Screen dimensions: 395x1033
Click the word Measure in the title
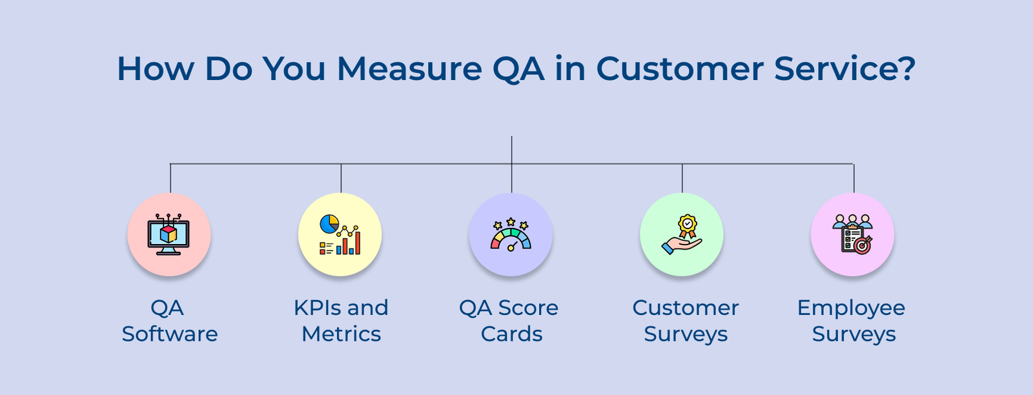point(409,68)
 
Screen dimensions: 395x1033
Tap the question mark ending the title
point(907,68)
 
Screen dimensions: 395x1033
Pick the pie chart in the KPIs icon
point(329,224)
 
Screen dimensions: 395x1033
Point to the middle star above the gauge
point(511,222)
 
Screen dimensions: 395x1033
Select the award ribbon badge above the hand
point(688,225)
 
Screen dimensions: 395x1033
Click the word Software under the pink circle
point(170,334)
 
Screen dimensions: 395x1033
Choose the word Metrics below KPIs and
point(341,334)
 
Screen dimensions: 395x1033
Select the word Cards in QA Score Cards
point(511,334)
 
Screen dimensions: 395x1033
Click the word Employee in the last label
point(851,308)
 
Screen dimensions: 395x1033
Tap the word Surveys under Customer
point(686,334)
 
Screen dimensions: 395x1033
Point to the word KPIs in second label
point(314,308)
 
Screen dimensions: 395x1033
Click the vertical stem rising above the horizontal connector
point(511,149)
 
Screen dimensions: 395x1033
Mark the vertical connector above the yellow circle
point(341,177)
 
